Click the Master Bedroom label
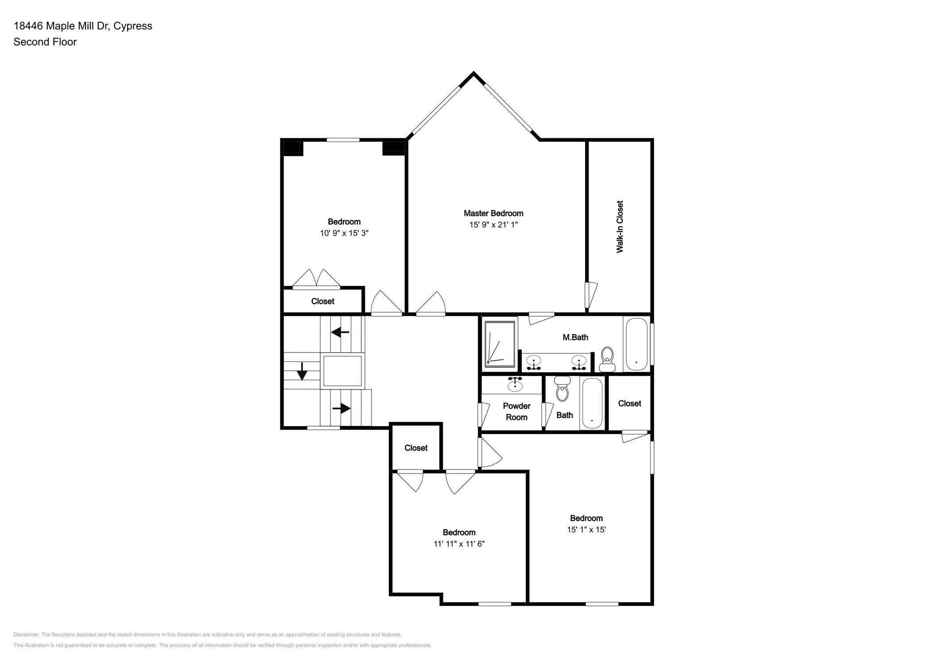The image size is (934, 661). pos(493,213)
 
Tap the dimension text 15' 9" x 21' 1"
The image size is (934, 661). pos(493,225)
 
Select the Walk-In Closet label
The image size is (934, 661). pos(620,227)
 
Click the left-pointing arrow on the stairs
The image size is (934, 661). pos(340,332)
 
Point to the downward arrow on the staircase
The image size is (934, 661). pos(302,372)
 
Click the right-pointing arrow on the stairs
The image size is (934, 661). pos(341,408)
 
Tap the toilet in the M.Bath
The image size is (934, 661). pos(607,359)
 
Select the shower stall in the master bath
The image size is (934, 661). pos(500,344)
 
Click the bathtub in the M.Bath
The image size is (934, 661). pos(636,344)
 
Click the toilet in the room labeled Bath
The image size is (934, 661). pos(562,389)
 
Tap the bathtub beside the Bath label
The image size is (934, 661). pos(592,403)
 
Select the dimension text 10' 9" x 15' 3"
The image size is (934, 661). pos(344,233)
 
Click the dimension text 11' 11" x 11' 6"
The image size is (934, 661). pos(459,544)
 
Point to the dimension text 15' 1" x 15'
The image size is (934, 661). pos(586,530)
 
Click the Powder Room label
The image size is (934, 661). pos(516,411)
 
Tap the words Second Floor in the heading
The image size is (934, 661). pos(45,42)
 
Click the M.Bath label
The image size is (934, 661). pos(575,337)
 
